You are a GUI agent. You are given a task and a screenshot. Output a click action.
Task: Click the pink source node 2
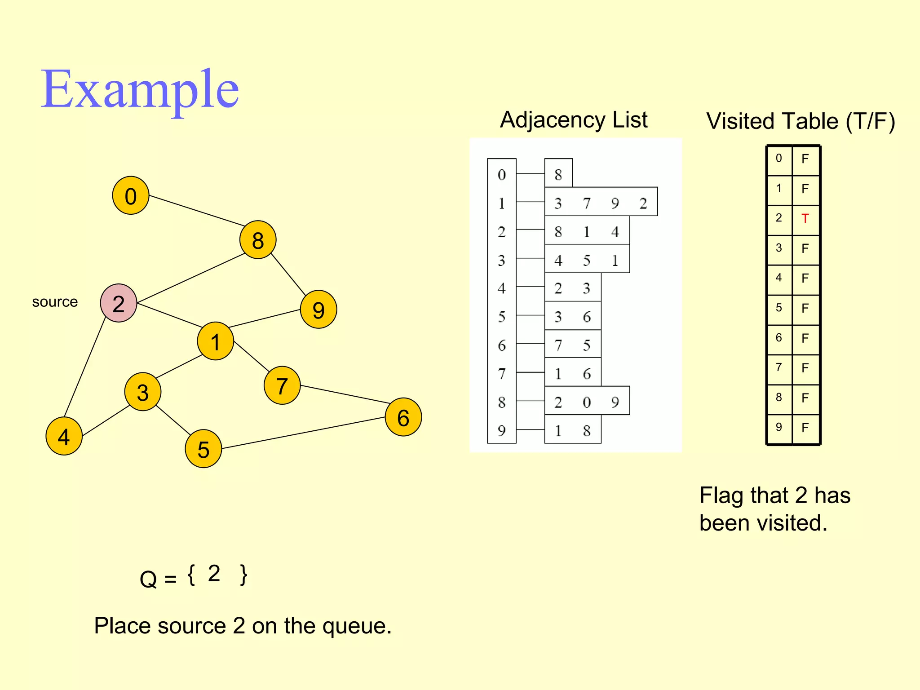pyautogui.click(x=119, y=303)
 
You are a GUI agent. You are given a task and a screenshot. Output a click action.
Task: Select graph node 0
pyautogui.click(x=131, y=195)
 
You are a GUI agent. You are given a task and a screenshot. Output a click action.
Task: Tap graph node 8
pyautogui.click(x=258, y=240)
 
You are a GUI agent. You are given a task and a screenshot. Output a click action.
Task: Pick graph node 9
pyautogui.click(x=318, y=310)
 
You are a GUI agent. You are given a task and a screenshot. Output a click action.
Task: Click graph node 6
pyautogui.click(x=403, y=417)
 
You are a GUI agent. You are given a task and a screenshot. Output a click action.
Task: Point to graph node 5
pyautogui.click(x=203, y=449)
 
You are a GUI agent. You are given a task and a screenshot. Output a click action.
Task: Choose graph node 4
pyautogui.click(x=64, y=436)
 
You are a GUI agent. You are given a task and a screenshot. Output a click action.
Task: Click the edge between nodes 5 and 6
pyautogui.click(x=303, y=433)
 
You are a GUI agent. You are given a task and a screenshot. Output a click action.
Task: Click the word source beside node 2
pyautogui.click(x=55, y=302)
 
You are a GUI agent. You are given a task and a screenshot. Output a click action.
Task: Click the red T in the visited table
pyautogui.click(x=805, y=219)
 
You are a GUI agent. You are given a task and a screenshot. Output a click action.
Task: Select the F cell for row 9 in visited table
pyautogui.click(x=805, y=428)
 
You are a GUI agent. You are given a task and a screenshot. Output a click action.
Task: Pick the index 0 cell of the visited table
pyautogui.click(x=779, y=159)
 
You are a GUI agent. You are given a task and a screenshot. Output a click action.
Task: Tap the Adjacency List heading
pyautogui.click(x=574, y=120)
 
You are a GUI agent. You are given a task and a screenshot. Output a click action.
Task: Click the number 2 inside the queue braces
pyautogui.click(x=214, y=574)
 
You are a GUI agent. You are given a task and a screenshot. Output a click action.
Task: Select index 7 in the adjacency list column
pyautogui.click(x=502, y=373)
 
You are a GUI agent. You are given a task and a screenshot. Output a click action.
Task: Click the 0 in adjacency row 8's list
pyautogui.click(x=587, y=402)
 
